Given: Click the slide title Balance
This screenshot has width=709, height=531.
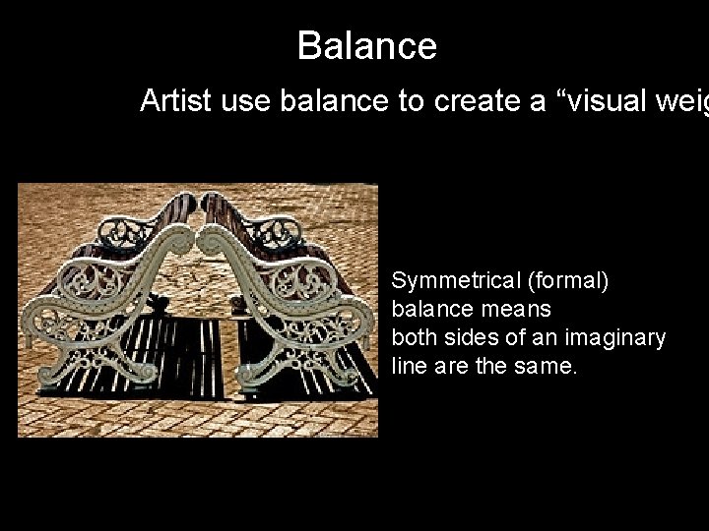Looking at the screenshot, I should point(366,46).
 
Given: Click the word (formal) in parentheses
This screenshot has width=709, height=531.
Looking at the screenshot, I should point(568,281).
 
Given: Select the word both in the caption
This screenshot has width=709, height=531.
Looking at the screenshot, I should point(413,337).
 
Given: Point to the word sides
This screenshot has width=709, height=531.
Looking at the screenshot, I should point(469,337).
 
